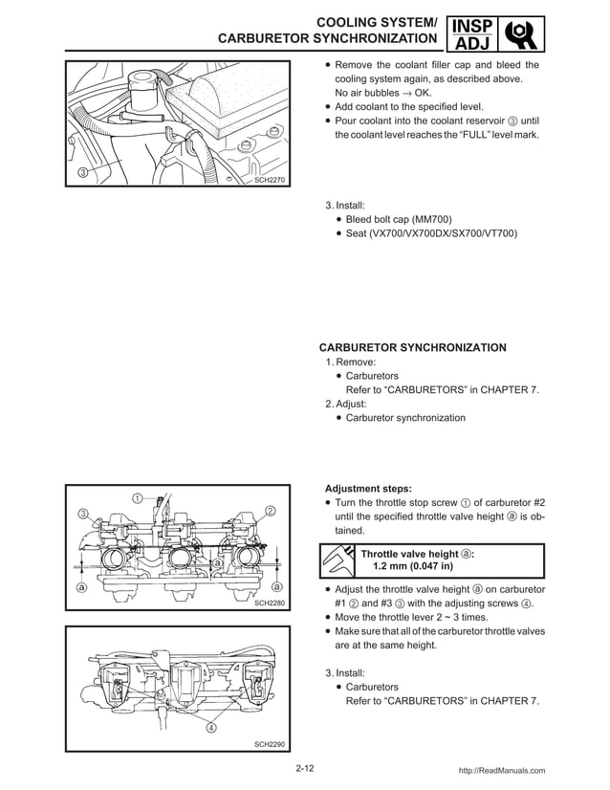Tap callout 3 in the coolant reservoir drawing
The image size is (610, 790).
pos(82,173)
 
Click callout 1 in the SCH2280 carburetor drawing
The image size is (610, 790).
pos(138,497)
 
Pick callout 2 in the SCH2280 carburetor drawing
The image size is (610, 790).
pos(270,512)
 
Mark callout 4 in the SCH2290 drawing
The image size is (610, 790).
pos(211,729)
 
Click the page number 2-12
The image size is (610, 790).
pos(305,768)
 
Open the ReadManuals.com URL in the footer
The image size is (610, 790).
pos(502,770)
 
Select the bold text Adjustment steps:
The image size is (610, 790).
pos(369,486)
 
